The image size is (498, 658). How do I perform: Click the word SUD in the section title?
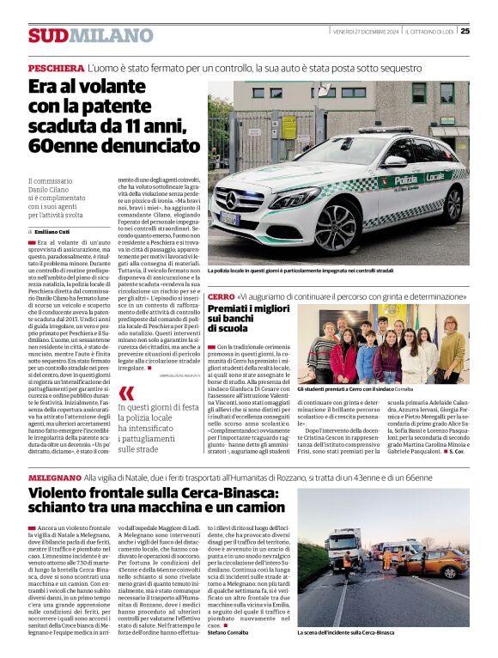tap(47, 35)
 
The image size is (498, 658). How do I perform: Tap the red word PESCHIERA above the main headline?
tap(56, 66)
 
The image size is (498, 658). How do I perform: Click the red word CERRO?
tap(221, 295)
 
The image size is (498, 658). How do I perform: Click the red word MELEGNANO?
tap(55, 476)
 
